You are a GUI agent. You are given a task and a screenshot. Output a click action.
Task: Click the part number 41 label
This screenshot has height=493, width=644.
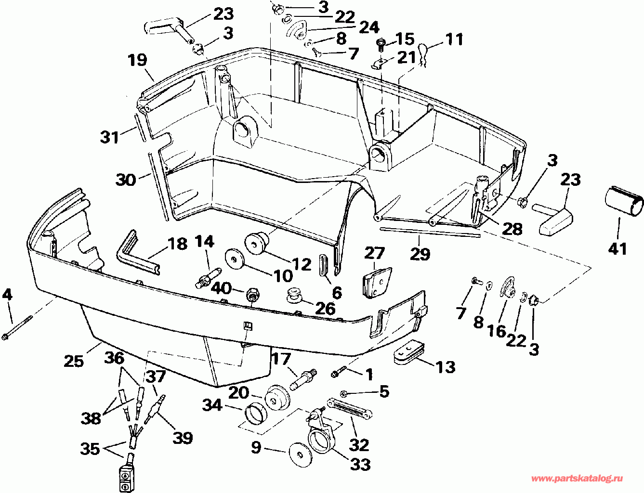tap(618, 249)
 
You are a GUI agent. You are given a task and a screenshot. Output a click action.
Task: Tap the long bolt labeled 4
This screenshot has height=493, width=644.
tap(17, 328)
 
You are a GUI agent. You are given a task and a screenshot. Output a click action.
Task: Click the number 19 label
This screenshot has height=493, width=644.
tap(137, 60)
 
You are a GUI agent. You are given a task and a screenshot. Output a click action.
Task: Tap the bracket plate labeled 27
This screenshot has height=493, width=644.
tap(377, 283)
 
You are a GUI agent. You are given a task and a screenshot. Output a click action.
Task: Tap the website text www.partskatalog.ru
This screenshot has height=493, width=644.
tap(577, 479)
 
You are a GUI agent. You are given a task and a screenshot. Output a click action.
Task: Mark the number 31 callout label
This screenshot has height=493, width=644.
tap(109, 137)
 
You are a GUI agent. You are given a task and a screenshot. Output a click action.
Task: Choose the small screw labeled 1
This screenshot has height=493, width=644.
tap(339, 372)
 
